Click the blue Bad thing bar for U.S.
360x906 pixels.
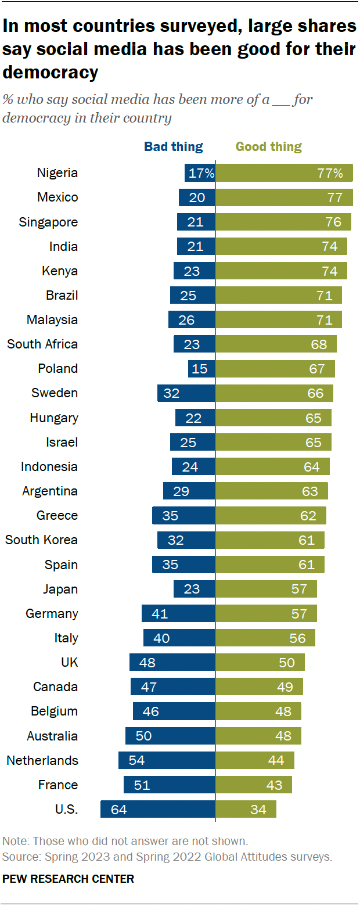pos(157,809)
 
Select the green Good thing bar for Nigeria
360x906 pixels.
pos(284,173)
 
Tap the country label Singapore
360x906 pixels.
pos(48,222)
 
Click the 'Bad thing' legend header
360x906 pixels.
pos(173,147)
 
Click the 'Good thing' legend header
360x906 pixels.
pos(269,147)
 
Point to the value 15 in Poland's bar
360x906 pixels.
pos(199,369)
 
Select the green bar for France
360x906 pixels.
pos(254,785)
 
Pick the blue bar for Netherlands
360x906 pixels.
pos(167,760)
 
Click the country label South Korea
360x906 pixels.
pos(41,540)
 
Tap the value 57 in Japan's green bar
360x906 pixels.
pos(299,589)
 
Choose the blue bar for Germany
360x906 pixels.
pos(178,613)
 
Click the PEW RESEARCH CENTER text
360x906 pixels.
pos(68,879)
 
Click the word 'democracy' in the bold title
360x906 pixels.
pos(51,73)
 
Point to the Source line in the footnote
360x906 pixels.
pos(167,857)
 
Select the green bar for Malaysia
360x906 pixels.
pos(279,319)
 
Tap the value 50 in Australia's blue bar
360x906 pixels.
pos(143,736)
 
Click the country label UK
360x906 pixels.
pos(69,662)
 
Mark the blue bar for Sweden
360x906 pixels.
pos(186,393)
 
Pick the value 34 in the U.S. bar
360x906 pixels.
pos(258,809)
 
